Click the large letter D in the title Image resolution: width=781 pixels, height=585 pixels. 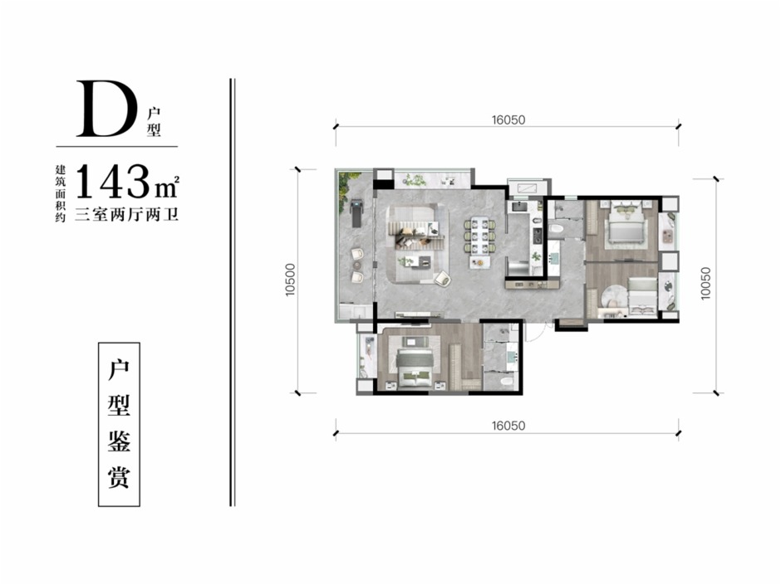click(107, 109)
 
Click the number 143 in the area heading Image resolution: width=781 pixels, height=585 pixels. click(114, 182)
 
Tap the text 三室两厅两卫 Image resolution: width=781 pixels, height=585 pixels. click(126, 215)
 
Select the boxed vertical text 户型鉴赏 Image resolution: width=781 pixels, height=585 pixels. click(119, 424)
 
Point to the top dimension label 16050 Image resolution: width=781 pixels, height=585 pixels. click(508, 119)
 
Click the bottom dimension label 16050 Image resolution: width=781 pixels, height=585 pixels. click(508, 426)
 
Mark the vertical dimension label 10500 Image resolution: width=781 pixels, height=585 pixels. click(291, 280)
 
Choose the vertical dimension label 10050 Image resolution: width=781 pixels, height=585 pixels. click(705, 284)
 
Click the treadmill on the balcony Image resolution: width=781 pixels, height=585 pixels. click(356, 213)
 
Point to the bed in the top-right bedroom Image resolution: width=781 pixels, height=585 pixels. click(626, 227)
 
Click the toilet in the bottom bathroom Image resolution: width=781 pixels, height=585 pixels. click(507, 382)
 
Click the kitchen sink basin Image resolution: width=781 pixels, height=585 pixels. click(521, 206)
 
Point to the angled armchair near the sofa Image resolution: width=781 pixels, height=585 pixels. click(442, 279)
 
